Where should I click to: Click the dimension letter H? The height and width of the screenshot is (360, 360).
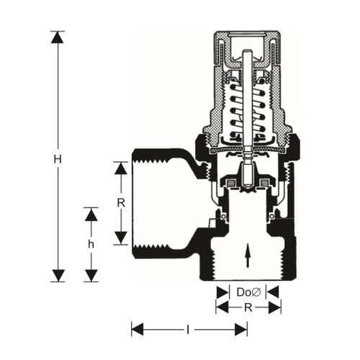click(58, 159)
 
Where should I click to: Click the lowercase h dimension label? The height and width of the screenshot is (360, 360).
click(91, 245)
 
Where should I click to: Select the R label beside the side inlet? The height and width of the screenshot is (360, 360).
click(121, 203)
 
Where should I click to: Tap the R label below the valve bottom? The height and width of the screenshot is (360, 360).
click(248, 307)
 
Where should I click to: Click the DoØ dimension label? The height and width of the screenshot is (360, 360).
click(248, 292)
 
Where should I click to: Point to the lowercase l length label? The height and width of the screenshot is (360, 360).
click(188, 330)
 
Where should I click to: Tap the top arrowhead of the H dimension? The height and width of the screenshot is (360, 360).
click(58, 37)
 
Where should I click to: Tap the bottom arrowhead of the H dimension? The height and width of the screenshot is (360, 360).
click(58, 276)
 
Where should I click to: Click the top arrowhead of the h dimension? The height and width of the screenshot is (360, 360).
click(91, 215)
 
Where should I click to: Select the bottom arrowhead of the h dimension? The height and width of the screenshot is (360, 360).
click(91, 276)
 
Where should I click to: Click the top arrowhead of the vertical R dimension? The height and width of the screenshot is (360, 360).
click(121, 168)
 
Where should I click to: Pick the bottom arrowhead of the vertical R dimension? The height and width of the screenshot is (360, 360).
click(121, 238)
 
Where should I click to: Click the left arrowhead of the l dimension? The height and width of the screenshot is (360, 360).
click(138, 330)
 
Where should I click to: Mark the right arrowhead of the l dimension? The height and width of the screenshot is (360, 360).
click(241, 330)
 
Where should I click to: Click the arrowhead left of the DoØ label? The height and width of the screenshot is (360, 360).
click(222, 292)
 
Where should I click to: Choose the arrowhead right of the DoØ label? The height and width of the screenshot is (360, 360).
click(273, 292)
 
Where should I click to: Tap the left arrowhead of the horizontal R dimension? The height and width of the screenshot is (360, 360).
click(222, 307)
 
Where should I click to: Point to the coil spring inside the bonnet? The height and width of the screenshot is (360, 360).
click(248, 111)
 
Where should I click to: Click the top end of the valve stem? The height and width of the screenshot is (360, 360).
click(248, 50)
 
